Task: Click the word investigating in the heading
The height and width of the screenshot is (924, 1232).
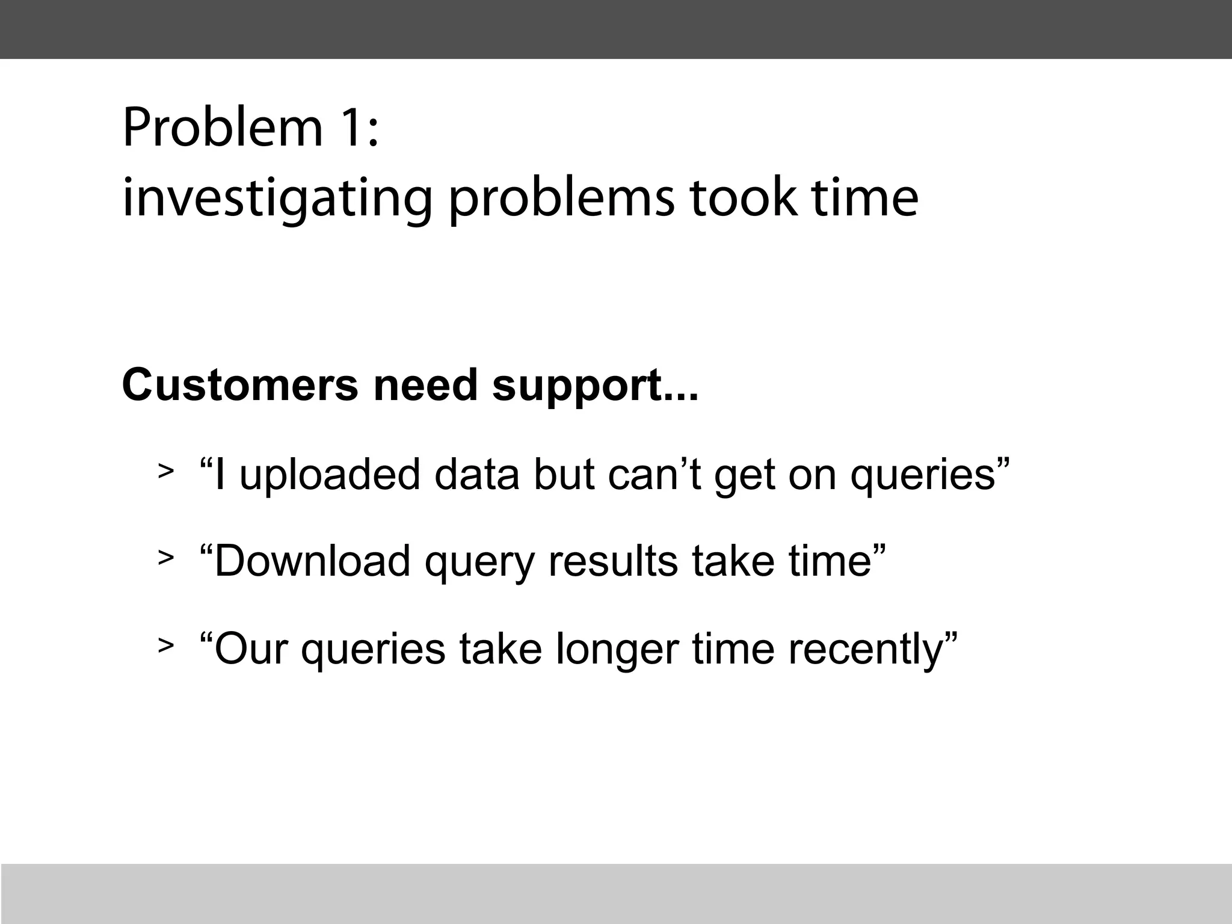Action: pos(277,199)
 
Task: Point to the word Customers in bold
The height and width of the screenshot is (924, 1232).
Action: pos(240,385)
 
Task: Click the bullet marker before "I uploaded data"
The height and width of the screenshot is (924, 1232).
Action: pos(165,471)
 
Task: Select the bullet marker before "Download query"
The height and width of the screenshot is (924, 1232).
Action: pos(165,558)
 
